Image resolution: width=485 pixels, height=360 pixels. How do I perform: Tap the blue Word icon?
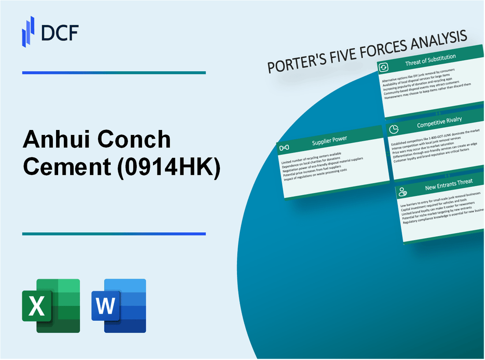coord(119,305)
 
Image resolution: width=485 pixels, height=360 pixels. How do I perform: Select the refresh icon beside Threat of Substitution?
coord(384,67)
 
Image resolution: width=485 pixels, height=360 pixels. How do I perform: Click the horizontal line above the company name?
coord(114,73)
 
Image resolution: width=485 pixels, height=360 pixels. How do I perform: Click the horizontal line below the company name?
coord(114,234)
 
